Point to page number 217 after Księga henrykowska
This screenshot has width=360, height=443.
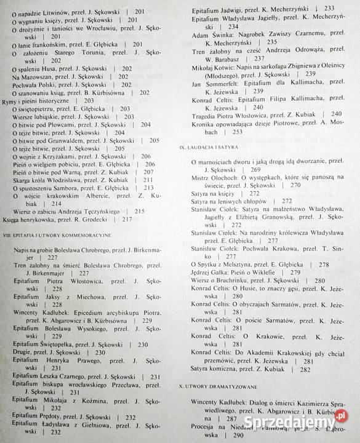coord(128,218)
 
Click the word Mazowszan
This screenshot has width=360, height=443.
coord(36,76)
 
